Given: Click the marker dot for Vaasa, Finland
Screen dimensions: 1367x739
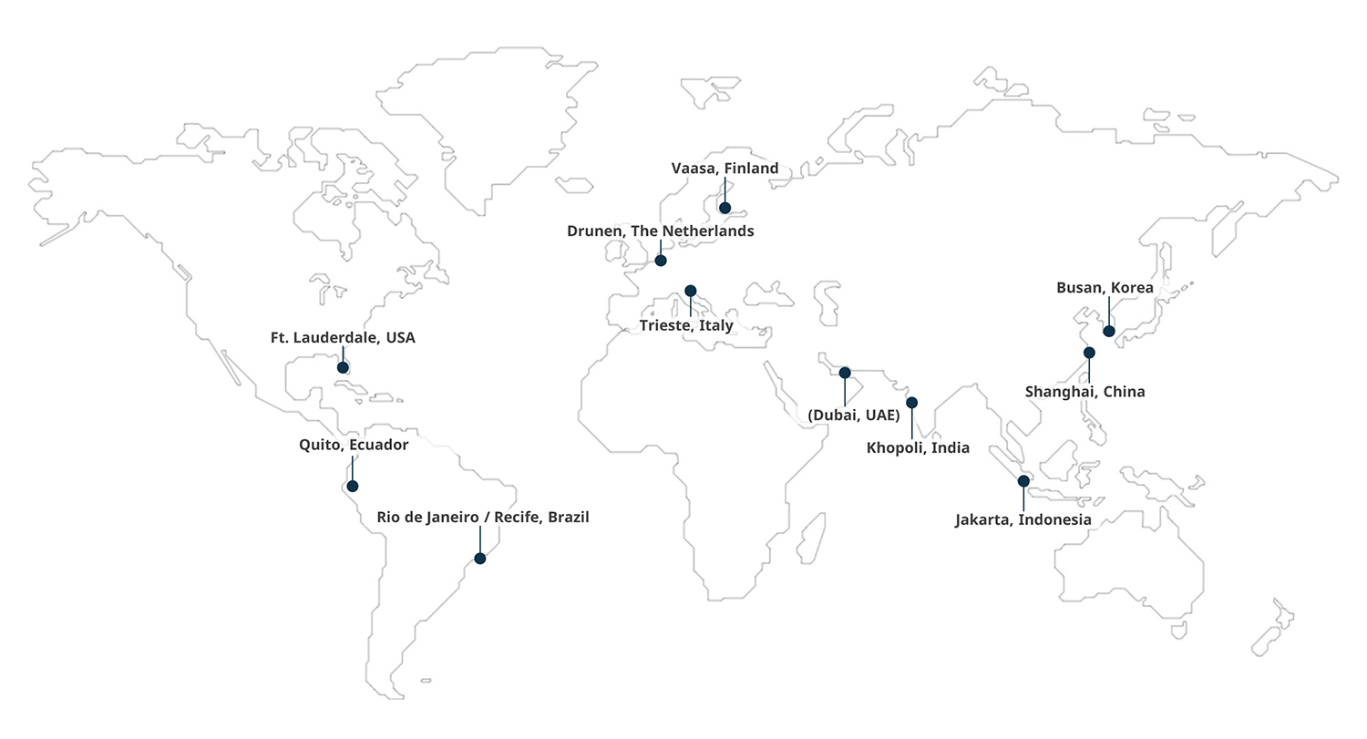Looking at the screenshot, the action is click(725, 208).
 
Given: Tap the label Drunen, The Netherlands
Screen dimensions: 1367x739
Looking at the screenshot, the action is click(660, 231).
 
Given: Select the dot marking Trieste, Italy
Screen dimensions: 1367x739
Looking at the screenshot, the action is click(690, 291).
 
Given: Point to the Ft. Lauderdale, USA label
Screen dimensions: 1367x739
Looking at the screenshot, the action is click(343, 338).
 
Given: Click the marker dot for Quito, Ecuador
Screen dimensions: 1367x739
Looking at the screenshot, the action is click(353, 486).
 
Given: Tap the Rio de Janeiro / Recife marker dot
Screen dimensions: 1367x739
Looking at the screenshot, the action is click(479, 559).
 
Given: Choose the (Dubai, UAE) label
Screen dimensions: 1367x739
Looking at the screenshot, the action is click(854, 416).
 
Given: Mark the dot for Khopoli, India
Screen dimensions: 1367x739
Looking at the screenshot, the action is click(911, 403).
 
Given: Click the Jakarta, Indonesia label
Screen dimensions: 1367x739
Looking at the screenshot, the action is click(1023, 520).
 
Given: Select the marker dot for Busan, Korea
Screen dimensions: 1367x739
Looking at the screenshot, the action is click(1108, 331).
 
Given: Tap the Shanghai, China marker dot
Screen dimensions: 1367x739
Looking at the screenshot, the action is click(1089, 353).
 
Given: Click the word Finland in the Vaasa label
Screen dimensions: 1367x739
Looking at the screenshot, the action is click(752, 169).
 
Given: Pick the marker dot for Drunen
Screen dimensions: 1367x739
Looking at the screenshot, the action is click(661, 261).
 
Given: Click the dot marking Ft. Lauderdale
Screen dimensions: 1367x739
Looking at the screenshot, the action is click(343, 367).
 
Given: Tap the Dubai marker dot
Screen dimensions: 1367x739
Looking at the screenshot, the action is click(845, 373).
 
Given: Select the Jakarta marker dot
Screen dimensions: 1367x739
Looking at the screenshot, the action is click(1023, 480).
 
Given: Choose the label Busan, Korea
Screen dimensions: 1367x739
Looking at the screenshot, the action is click(1105, 288).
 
